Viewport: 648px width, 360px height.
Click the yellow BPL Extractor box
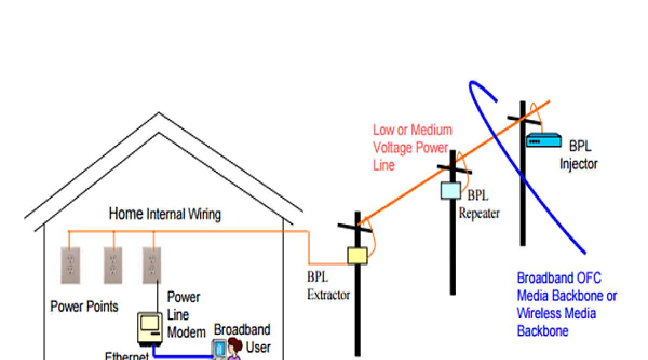point(357,255)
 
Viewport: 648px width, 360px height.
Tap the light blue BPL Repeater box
point(451,191)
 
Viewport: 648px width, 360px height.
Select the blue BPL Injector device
point(543,140)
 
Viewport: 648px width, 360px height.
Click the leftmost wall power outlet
point(70,265)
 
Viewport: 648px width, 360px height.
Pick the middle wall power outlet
point(113,265)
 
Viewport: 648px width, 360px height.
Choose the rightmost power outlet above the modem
point(152,265)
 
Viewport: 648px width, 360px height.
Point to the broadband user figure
point(233,349)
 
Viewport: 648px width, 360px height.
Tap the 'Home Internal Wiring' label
point(165,214)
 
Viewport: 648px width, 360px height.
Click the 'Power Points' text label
point(84,307)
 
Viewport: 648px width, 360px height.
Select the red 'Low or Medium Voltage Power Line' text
point(411,147)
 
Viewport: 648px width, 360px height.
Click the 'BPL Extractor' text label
point(328,286)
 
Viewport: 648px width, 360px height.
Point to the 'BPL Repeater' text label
point(480,205)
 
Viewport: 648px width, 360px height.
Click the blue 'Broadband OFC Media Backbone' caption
point(566,304)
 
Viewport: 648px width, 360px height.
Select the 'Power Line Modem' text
point(185,315)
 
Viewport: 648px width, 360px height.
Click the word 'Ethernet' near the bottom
point(126,356)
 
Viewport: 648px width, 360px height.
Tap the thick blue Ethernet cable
point(184,356)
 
